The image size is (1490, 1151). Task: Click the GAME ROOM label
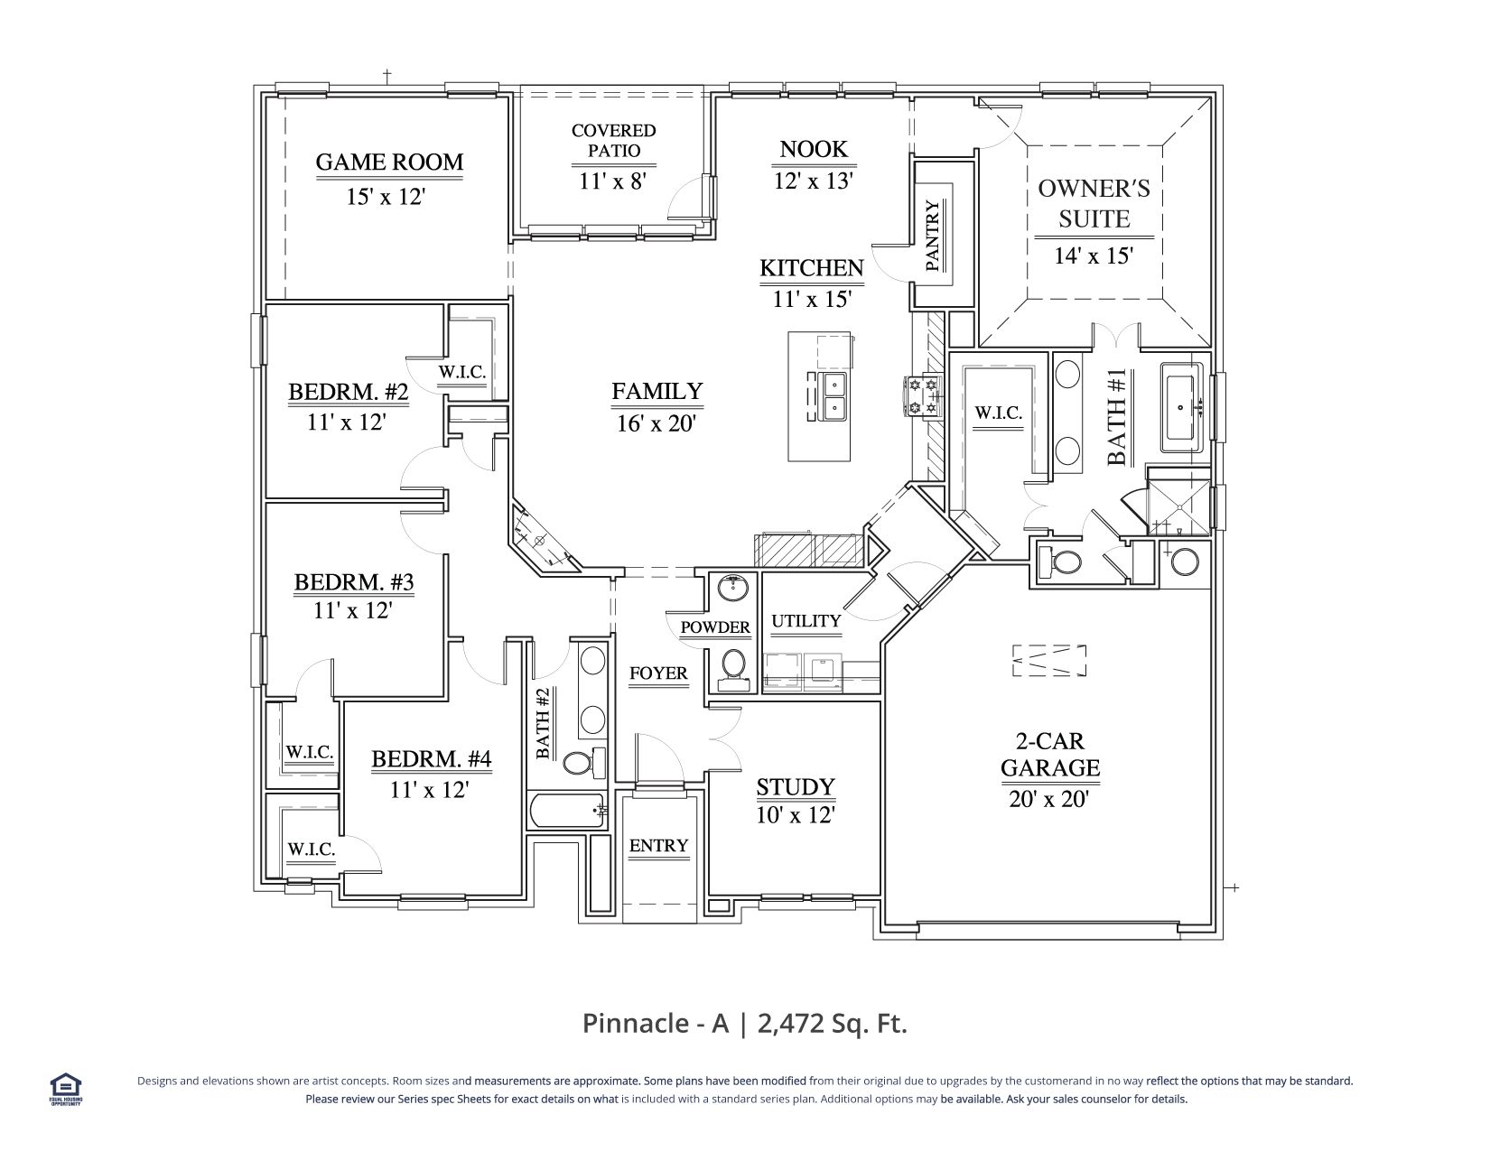pyautogui.click(x=389, y=162)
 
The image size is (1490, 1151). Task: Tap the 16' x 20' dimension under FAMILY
pyautogui.click(x=657, y=423)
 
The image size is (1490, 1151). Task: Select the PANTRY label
pyautogui.click(x=933, y=235)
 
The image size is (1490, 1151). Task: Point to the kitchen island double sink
pyautogui.click(x=834, y=396)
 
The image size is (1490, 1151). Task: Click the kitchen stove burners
pyautogui.click(x=922, y=396)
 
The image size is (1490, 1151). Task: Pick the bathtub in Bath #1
pyautogui.click(x=1181, y=407)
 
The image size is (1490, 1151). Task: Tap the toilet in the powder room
pyautogui.click(x=733, y=669)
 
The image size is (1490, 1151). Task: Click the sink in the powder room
pyautogui.click(x=733, y=588)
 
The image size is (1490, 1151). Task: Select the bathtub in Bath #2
pyautogui.click(x=568, y=811)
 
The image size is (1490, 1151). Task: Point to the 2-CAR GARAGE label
pyautogui.click(x=1050, y=754)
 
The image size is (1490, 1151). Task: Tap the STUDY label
pyautogui.click(x=796, y=786)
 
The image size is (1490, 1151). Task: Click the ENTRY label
pyautogui.click(x=658, y=845)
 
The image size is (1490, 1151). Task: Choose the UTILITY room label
pyautogui.click(x=806, y=621)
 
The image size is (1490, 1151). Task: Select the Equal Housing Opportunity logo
pyautogui.click(x=66, y=1090)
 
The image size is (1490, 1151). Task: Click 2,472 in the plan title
pyautogui.click(x=790, y=1024)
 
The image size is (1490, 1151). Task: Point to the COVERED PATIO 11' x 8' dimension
pyautogui.click(x=613, y=181)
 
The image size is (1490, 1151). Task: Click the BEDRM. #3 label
pyautogui.click(x=354, y=582)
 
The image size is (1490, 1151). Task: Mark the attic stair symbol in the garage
pyautogui.click(x=1049, y=660)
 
